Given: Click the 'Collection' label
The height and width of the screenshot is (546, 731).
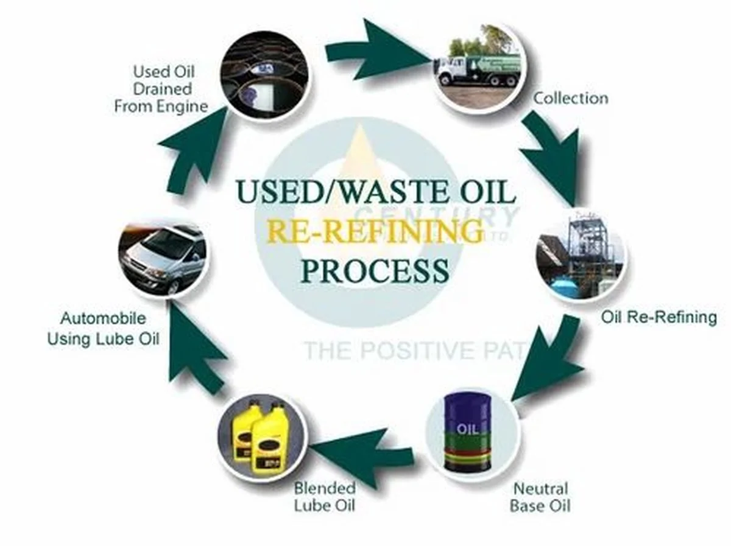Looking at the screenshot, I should (x=570, y=98).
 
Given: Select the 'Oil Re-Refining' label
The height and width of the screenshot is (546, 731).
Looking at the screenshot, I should (x=659, y=317).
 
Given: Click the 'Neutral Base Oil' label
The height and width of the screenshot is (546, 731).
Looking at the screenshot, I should (x=540, y=497).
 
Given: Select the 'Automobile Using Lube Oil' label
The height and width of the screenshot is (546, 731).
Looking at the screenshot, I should (x=103, y=329).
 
